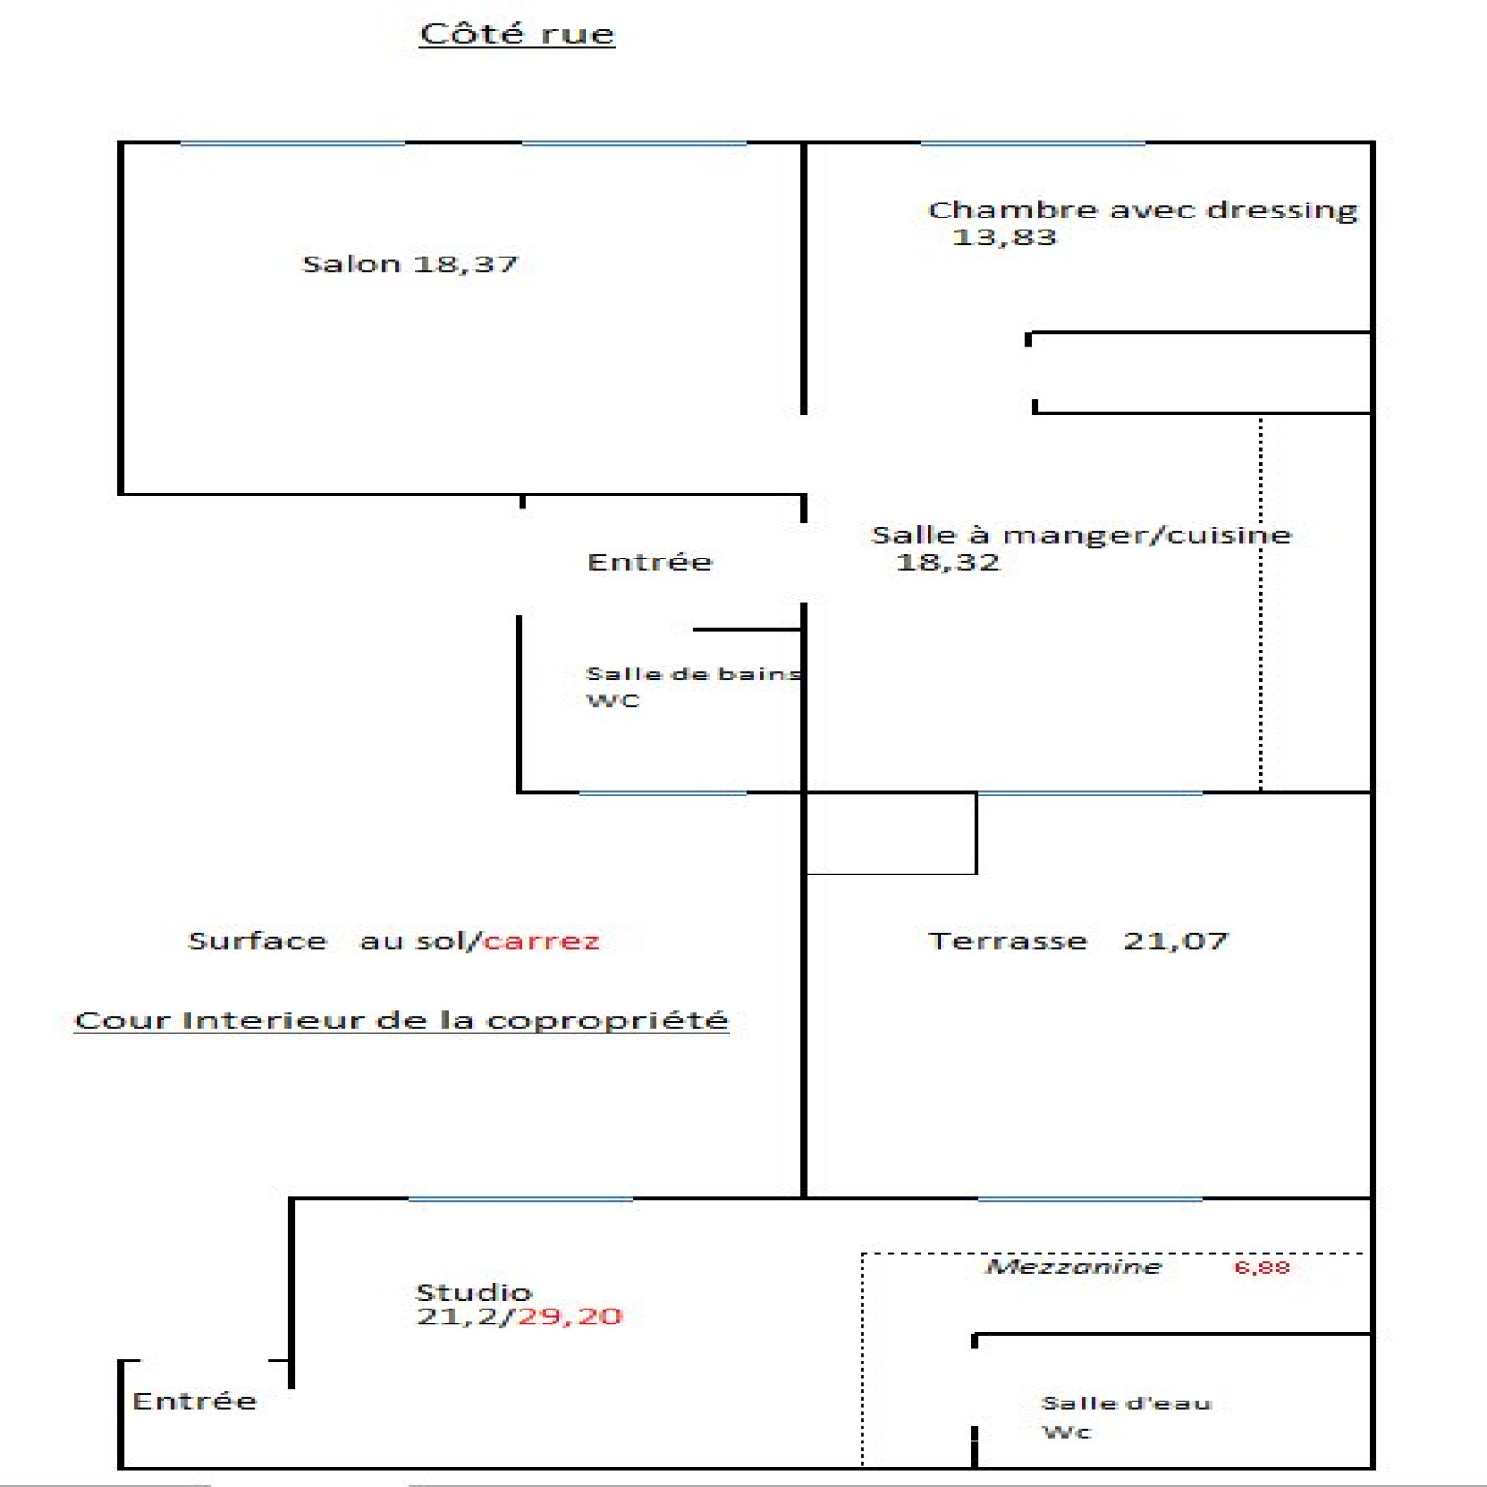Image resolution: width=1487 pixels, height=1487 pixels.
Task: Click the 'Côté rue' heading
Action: click(x=517, y=34)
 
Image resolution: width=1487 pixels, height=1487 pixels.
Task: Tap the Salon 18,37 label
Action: click(x=410, y=265)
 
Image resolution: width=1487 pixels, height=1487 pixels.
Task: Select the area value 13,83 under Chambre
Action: click(x=1005, y=238)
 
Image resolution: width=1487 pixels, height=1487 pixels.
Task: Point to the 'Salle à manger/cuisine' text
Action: click(x=1081, y=535)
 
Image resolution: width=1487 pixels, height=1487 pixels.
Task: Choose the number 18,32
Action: click(x=948, y=562)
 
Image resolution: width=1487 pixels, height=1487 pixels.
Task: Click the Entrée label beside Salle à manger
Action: click(x=650, y=562)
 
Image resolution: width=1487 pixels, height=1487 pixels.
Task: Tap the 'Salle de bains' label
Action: click(x=693, y=674)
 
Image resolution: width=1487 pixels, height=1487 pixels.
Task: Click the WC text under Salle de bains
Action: click(x=613, y=702)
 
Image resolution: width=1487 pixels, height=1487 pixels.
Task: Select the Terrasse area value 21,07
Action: click(x=1176, y=941)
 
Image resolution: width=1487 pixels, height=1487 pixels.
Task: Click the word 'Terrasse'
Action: click(x=1007, y=941)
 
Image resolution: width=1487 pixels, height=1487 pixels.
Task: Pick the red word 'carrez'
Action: click(x=542, y=941)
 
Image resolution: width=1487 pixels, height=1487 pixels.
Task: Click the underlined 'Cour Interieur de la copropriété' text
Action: click(x=401, y=1020)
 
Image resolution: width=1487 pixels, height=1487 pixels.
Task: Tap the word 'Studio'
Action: click(x=474, y=1292)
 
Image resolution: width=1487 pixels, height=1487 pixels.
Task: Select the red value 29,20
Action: click(x=570, y=1317)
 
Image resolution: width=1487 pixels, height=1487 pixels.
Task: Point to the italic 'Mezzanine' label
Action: click(x=1073, y=1267)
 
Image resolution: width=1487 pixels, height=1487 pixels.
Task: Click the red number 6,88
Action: click(x=1262, y=1268)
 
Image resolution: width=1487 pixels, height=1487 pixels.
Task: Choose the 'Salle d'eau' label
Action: click(x=1126, y=1403)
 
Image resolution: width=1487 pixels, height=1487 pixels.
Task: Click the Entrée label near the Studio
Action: click(x=194, y=1401)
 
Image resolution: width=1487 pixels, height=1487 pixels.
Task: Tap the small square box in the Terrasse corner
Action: click(x=890, y=834)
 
